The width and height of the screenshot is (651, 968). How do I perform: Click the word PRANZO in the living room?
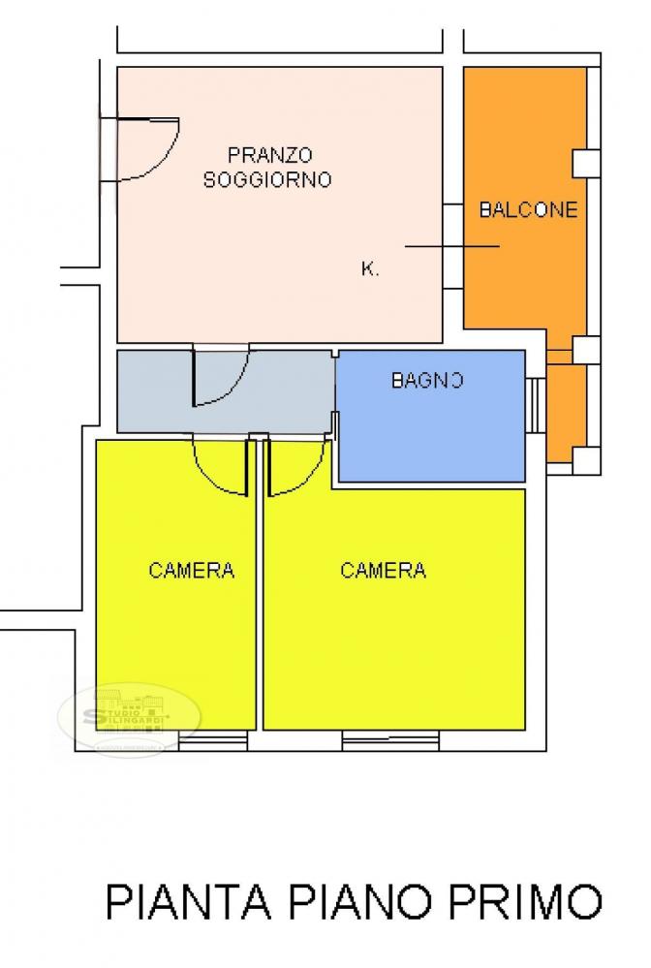(269, 154)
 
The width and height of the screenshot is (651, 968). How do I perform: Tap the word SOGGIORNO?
(267, 179)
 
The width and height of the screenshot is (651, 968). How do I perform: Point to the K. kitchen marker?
(369, 269)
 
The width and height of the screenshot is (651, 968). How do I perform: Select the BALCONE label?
(529, 209)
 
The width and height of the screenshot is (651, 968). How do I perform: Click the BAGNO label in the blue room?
(427, 381)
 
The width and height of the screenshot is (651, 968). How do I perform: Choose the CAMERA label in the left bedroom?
(192, 570)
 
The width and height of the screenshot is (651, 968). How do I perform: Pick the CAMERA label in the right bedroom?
(383, 570)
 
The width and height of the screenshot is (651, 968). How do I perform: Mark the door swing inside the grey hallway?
(221, 378)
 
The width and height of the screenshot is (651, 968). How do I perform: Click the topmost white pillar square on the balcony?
(584, 163)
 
